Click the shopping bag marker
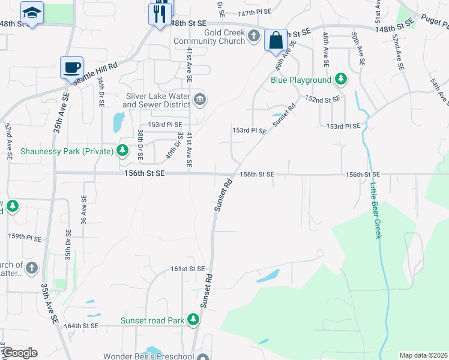tap(276, 41)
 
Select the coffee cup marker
tap(71, 67)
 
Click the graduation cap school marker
tap(31, 12)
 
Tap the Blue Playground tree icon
tap(341, 79)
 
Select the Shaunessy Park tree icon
tap(123, 149)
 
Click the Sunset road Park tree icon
tap(193, 320)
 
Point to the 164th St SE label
tap(81, 326)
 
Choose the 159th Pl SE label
tap(24, 238)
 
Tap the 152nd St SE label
tap(323, 98)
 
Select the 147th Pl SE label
tap(255, 13)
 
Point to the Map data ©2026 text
tap(423, 355)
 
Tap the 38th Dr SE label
tap(140, 144)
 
